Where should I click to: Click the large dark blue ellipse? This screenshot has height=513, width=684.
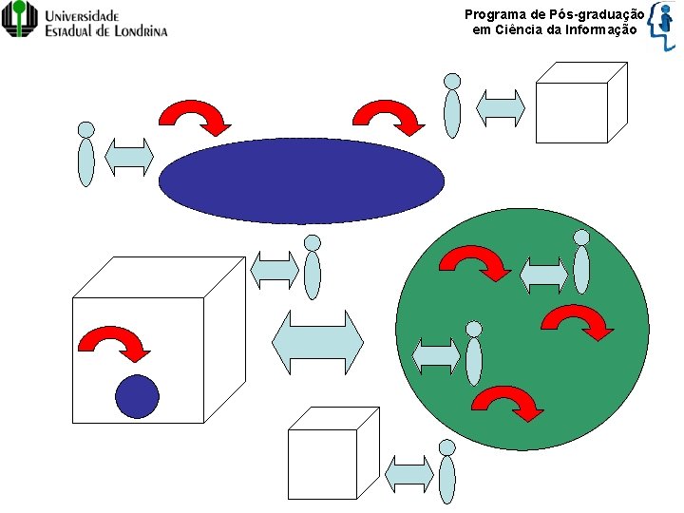301,180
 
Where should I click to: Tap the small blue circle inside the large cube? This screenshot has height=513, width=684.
137,397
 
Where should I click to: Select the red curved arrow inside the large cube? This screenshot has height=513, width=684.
115,343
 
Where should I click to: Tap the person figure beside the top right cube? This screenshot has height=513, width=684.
453,106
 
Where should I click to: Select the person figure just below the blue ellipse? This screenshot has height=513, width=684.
312,268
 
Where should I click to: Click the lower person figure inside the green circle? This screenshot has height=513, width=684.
474,353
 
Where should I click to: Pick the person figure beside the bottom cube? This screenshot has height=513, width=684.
446,472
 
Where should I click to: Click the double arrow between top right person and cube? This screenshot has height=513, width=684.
501,107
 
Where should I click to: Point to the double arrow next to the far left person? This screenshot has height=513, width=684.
129,157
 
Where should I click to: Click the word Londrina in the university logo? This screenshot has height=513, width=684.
133,29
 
